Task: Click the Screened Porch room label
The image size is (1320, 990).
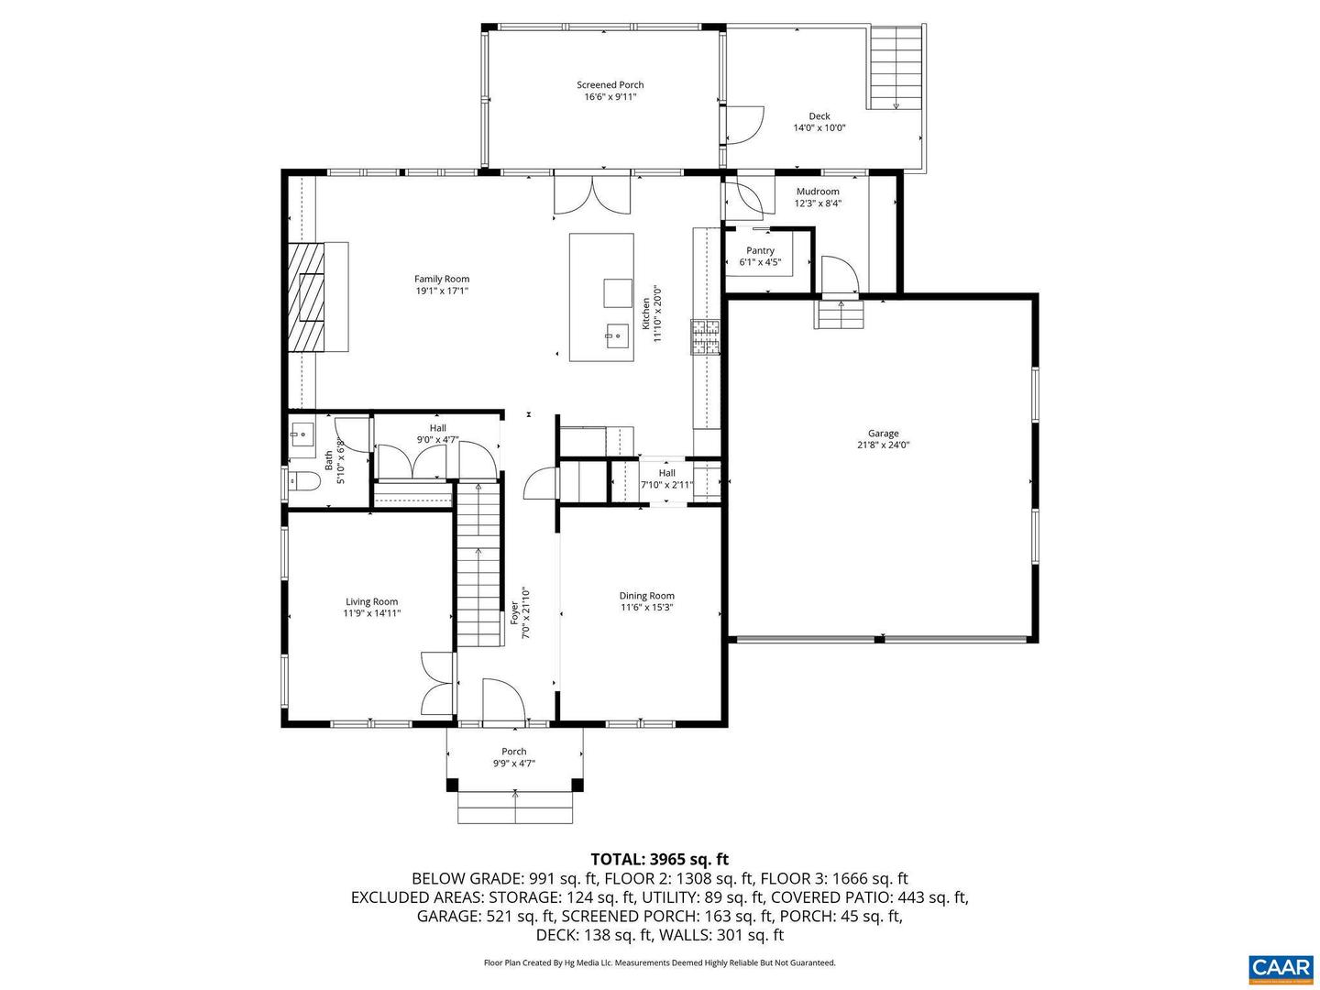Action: point(610,84)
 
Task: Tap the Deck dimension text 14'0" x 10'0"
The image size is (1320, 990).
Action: point(819,127)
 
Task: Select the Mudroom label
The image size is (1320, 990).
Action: point(818,192)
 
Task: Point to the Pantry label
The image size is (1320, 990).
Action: point(760,250)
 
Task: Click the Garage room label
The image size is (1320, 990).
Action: point(883,433)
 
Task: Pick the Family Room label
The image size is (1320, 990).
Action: point(442,279)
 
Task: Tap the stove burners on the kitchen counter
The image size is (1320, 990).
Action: point(706,336)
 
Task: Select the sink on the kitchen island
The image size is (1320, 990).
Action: point(617,335)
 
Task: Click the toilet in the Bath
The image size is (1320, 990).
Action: point(303,481)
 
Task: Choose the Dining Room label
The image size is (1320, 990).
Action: point(646,596)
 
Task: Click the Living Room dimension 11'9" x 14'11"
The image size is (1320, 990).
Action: point(371,613)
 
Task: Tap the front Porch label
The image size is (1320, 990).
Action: point(513,752)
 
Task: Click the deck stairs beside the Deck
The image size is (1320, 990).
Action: point(896,67)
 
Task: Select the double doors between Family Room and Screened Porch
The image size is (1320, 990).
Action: point(592,193)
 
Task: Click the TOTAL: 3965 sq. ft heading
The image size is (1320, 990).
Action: point(660,858)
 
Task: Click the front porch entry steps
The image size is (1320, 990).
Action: point(515,808)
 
